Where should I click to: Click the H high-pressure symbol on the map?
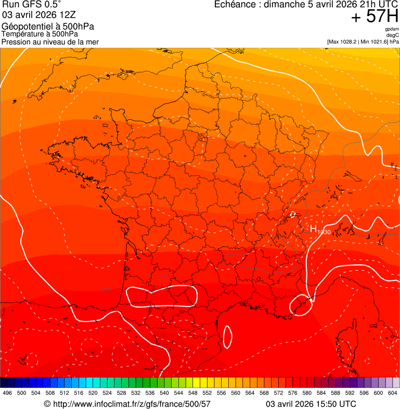click(314, 228)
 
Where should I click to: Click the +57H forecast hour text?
click(375, 17)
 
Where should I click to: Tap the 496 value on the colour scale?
click(7, 393)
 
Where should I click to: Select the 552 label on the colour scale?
click(207, 393)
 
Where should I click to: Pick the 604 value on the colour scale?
click(393, 393)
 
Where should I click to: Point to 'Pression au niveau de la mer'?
click(50, 42)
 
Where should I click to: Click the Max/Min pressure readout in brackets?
click(363, 41)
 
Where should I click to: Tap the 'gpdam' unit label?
click(392, 29)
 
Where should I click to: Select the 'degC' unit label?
click(393, 35)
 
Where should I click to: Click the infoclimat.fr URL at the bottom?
click(127, 404)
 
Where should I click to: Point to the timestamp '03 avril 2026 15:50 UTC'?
click(311, 404)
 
